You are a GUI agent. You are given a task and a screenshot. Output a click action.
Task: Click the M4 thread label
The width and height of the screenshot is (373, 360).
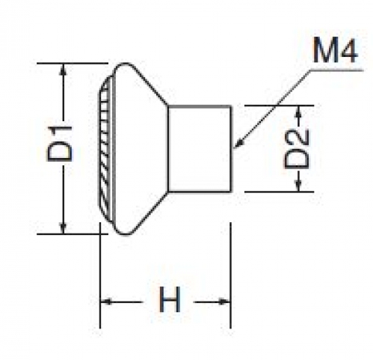click(x=336, y=50)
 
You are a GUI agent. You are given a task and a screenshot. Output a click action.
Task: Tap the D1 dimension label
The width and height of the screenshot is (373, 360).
click(x=59, y=144)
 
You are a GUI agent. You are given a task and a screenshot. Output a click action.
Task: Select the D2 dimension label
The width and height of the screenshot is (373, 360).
click(x=297, y=149)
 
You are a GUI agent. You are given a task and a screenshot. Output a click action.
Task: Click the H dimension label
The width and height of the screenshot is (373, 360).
click(x=170, y=299)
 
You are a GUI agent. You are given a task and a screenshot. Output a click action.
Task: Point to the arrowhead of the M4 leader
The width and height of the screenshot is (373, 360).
click(x=238, y=144)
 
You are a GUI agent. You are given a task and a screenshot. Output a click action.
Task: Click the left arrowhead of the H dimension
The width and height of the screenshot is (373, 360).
click(x=105, y=302)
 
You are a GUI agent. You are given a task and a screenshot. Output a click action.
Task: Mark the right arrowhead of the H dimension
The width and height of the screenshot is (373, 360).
click(x=224, y=302)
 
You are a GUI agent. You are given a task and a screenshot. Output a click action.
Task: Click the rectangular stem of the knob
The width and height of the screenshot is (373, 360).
click(x=200, y=149)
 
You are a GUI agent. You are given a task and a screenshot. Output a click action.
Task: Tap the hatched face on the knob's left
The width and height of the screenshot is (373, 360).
click(x=105, y=149)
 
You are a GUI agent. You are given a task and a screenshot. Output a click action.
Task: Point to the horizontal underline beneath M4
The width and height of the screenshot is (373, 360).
click(x=336, y=70)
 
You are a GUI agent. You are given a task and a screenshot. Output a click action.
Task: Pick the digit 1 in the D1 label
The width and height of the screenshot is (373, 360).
click(x=60, y=132)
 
